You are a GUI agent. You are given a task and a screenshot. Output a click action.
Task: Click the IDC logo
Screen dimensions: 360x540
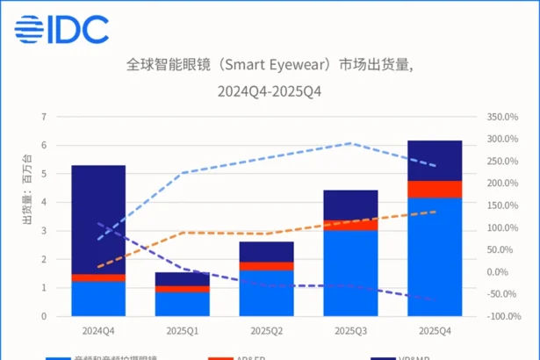59,29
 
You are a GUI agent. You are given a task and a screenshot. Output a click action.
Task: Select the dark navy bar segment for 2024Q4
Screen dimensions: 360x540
98,220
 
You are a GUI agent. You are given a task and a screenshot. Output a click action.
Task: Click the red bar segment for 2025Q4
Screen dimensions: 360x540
436,189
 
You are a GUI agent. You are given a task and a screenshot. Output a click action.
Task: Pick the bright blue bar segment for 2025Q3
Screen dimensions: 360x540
352,272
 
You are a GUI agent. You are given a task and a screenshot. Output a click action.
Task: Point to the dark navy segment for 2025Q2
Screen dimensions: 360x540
267,251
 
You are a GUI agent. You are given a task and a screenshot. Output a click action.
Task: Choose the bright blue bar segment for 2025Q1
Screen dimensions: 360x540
183,303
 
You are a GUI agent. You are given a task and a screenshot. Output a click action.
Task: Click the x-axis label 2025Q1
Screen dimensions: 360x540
183,330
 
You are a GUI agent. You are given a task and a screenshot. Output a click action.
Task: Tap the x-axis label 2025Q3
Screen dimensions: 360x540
352,330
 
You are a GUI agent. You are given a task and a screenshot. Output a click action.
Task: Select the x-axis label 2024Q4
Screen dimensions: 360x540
98,330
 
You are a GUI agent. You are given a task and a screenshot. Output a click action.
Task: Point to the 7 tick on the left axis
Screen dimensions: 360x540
42,116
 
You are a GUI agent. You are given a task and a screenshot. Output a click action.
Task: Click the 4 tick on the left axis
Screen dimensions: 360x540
42,202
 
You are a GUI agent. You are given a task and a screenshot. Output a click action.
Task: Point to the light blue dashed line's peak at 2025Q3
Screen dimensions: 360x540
352,143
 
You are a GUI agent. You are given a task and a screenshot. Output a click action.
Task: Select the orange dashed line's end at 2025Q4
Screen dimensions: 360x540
436,212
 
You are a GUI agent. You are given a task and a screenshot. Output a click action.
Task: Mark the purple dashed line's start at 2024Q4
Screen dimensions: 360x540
98,224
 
